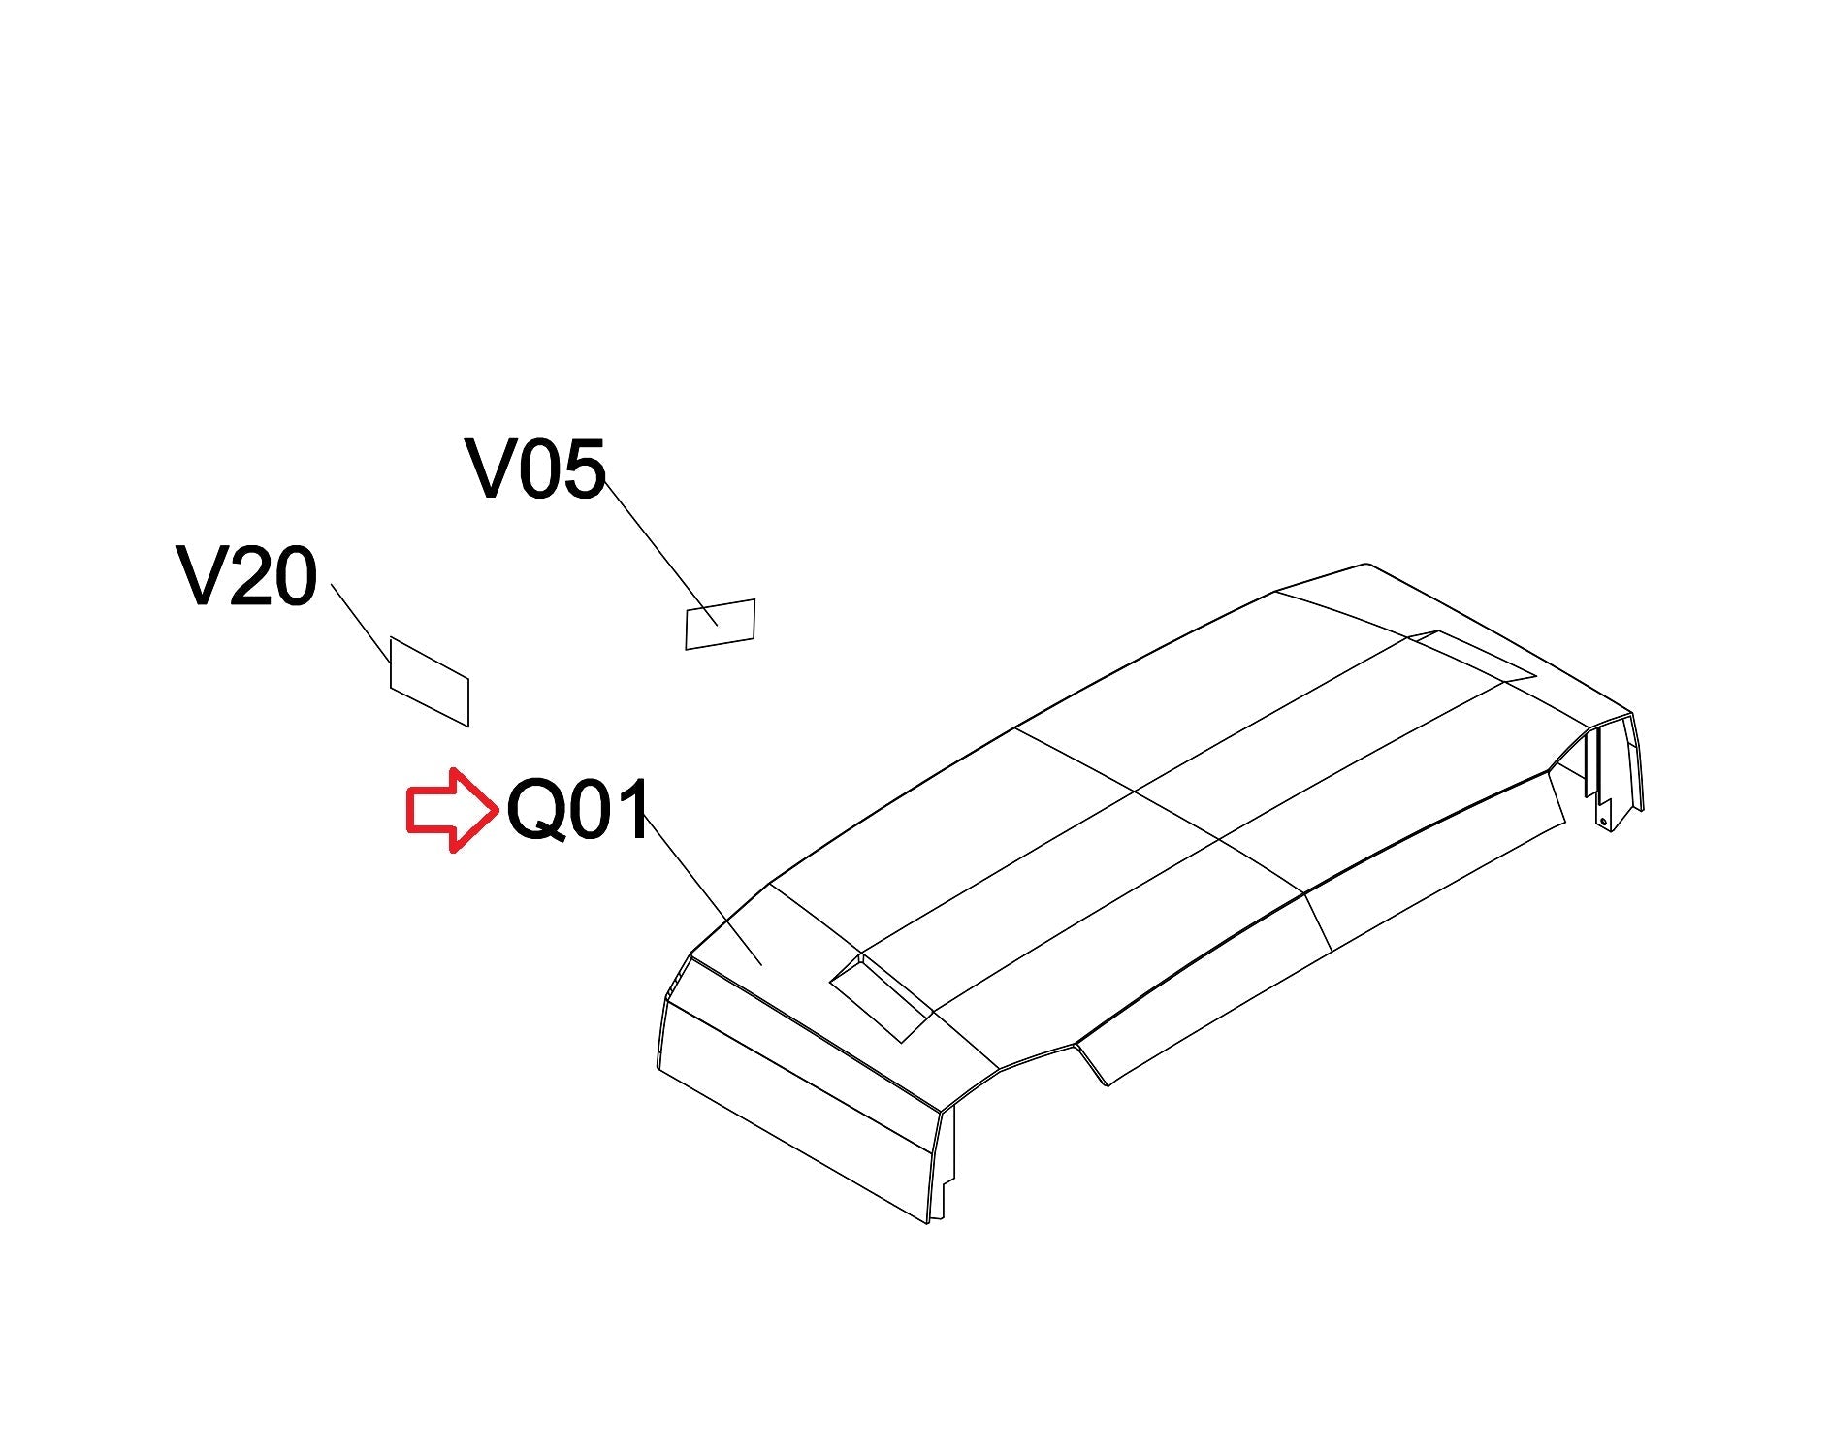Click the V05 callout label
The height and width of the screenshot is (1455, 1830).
tap(535, 469)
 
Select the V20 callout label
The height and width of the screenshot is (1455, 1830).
tap(247, 576)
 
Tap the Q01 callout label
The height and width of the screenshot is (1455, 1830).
tap(579, 811)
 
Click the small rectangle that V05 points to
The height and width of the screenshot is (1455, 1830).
tap(720, 624)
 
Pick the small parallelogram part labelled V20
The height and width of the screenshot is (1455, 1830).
tap(430, 681)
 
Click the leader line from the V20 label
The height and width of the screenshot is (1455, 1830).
tap(361, 623)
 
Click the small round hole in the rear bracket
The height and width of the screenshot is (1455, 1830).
tap(1603, 822)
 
